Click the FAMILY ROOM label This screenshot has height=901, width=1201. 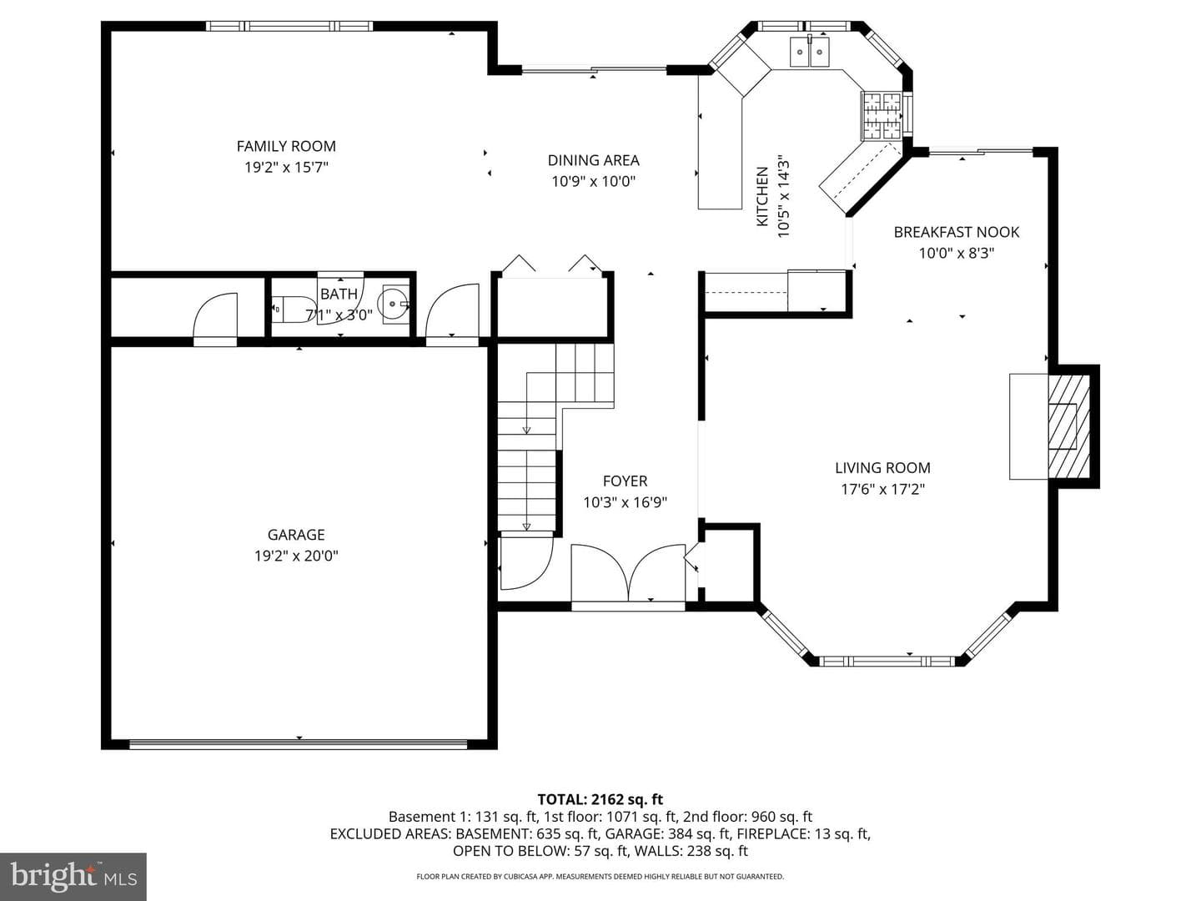pos(285,146)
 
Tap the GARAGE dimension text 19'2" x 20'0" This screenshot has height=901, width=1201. pos(296,556)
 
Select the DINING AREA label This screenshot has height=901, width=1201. pos(593,160)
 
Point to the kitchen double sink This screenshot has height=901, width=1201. pos(809,52)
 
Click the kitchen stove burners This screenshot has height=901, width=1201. pos(881,115)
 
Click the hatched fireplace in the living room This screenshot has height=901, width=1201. pos(1068,426)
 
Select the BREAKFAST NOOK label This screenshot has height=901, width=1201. pos(957,232)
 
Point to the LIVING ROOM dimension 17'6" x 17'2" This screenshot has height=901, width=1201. pos(882,489)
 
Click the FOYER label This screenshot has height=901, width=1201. pos(625,481)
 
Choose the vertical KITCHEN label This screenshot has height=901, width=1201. pos(761,196)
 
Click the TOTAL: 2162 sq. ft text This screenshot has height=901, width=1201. pos(600,799)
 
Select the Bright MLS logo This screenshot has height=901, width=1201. pos(73,877)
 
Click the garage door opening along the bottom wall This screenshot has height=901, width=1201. pos(299,743)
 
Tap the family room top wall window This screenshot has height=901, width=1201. pos(289,26)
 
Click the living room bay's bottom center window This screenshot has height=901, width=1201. pos(887,662)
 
